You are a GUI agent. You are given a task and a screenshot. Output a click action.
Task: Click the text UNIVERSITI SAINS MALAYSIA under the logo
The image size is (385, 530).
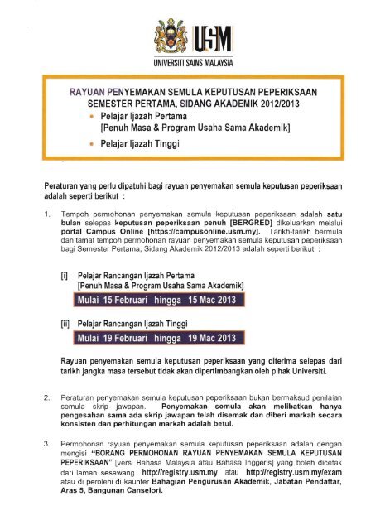coord(192,63)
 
